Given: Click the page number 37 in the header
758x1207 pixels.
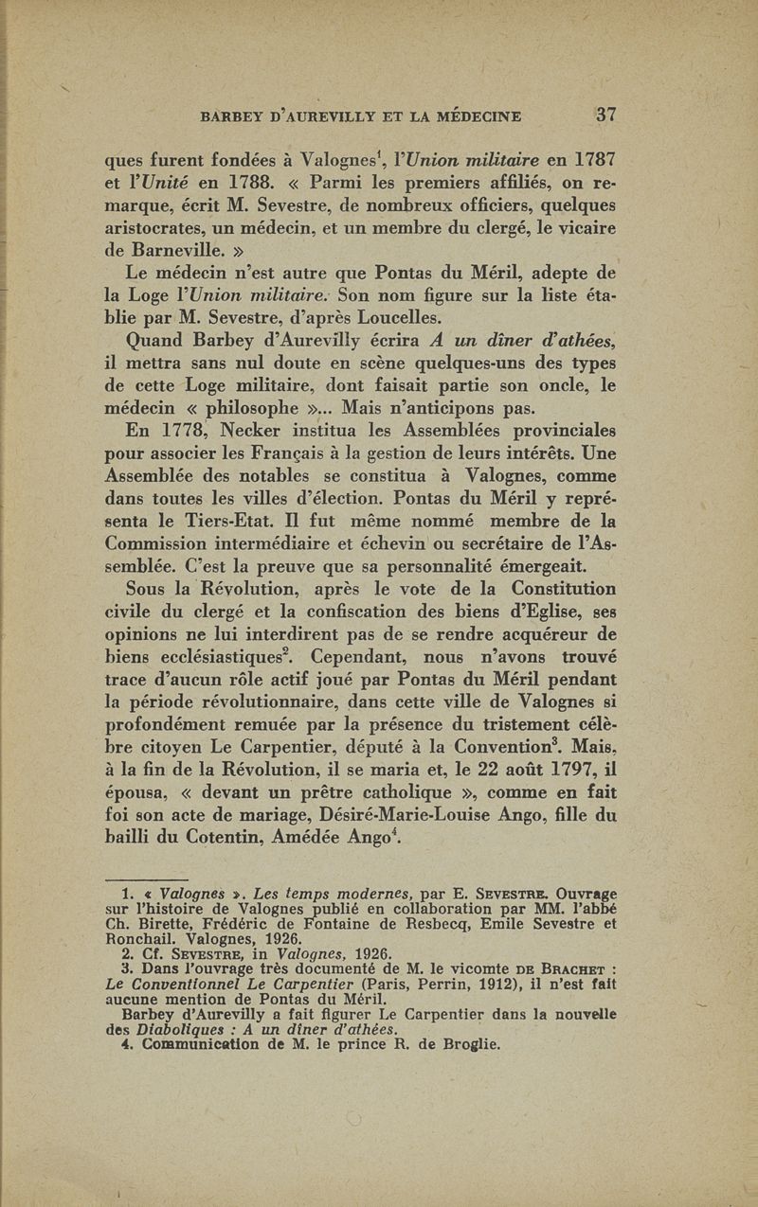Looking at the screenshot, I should pos(606,115).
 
